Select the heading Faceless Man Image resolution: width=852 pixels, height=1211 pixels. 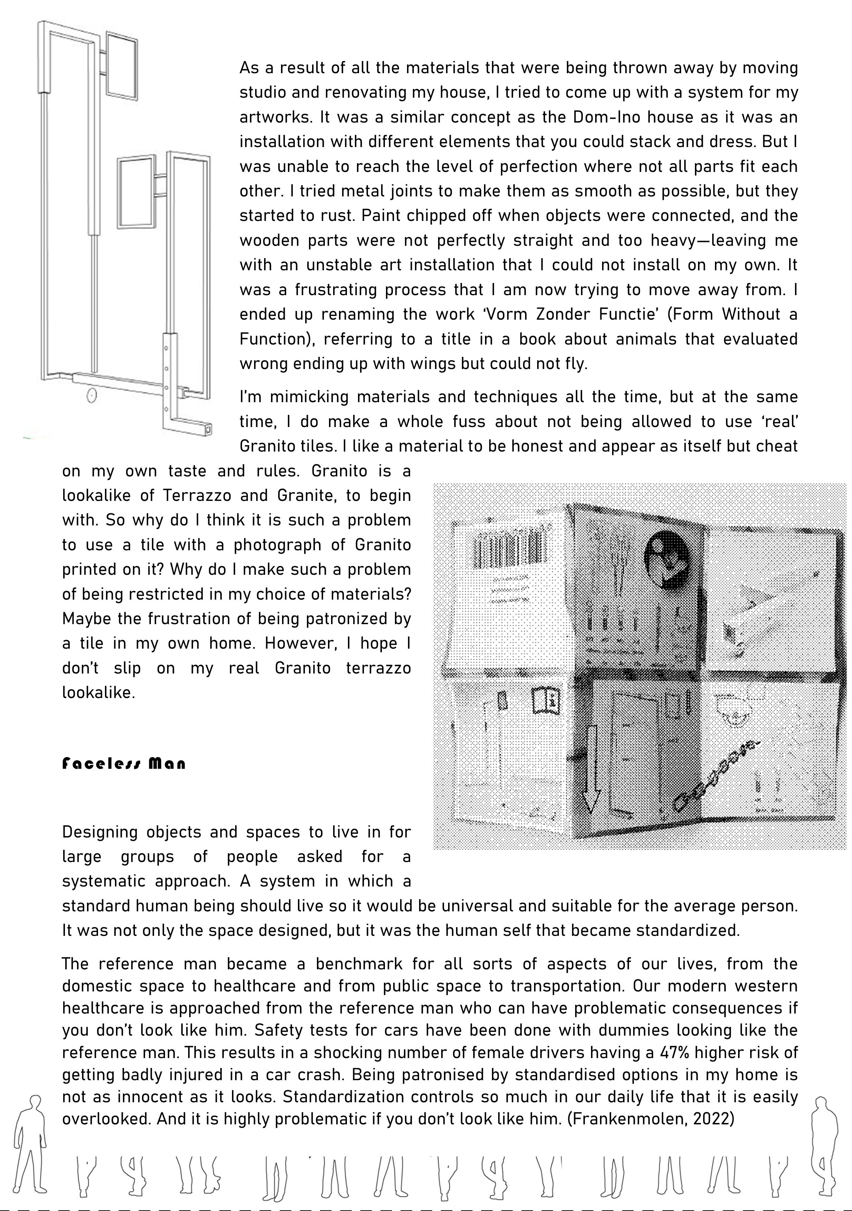coord(124,764)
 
